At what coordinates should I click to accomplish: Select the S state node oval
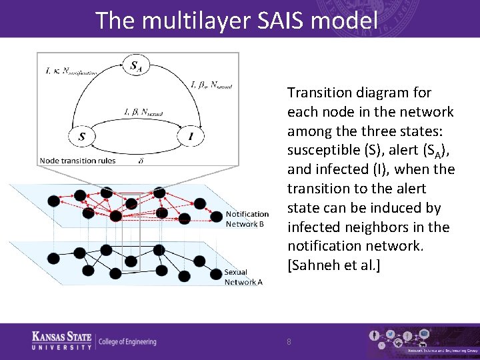coord(81,137)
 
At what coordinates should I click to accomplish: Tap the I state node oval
coord(191,137)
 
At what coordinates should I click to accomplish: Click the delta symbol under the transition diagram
coord(141,160)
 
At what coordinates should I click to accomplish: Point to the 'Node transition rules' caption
coord(77,160)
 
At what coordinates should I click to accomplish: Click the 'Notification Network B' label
coord(247,219)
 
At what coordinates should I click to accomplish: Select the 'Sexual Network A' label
coord(243,277)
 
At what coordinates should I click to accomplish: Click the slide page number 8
coord(289,341)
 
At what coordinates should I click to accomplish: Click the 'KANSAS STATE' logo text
coord(62,337)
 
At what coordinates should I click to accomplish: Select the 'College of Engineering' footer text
coord(127,342)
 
